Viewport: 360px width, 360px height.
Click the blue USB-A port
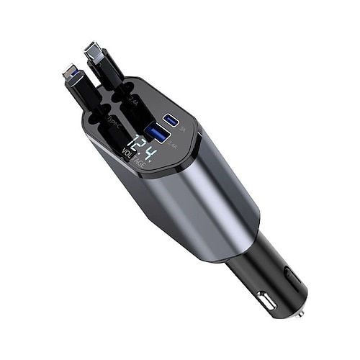156,131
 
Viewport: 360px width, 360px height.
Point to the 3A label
183,130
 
